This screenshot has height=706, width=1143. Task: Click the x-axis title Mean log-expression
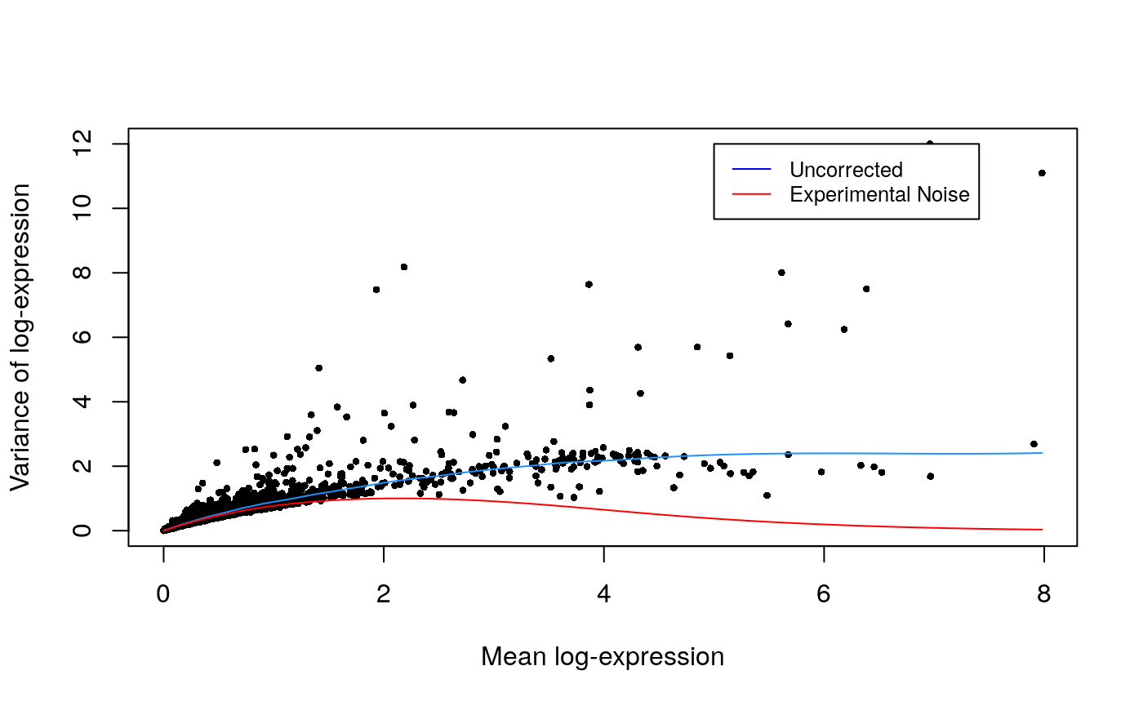[603, 657]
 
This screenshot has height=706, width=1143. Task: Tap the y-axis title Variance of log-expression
[21, 337]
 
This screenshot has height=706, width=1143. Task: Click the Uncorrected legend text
[846, 170]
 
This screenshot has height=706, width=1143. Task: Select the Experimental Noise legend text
[879, 195]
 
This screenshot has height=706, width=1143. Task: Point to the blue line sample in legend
[751, 169]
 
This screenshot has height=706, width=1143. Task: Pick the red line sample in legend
[751, 194]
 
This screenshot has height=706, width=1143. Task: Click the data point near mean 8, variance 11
[1042, 173]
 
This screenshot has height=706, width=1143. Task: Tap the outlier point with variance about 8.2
[403, 267]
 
